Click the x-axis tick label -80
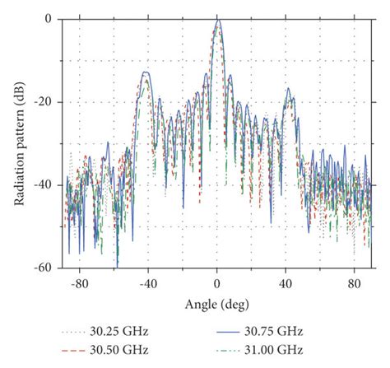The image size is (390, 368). [79, 283]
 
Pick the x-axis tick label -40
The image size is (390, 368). [147, 283]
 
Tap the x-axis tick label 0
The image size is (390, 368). [217, 283]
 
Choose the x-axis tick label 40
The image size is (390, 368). [286, 283]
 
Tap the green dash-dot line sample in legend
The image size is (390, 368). [222, 348]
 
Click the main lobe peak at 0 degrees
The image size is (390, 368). [217, 21]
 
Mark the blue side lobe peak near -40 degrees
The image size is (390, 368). [146, 72]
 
